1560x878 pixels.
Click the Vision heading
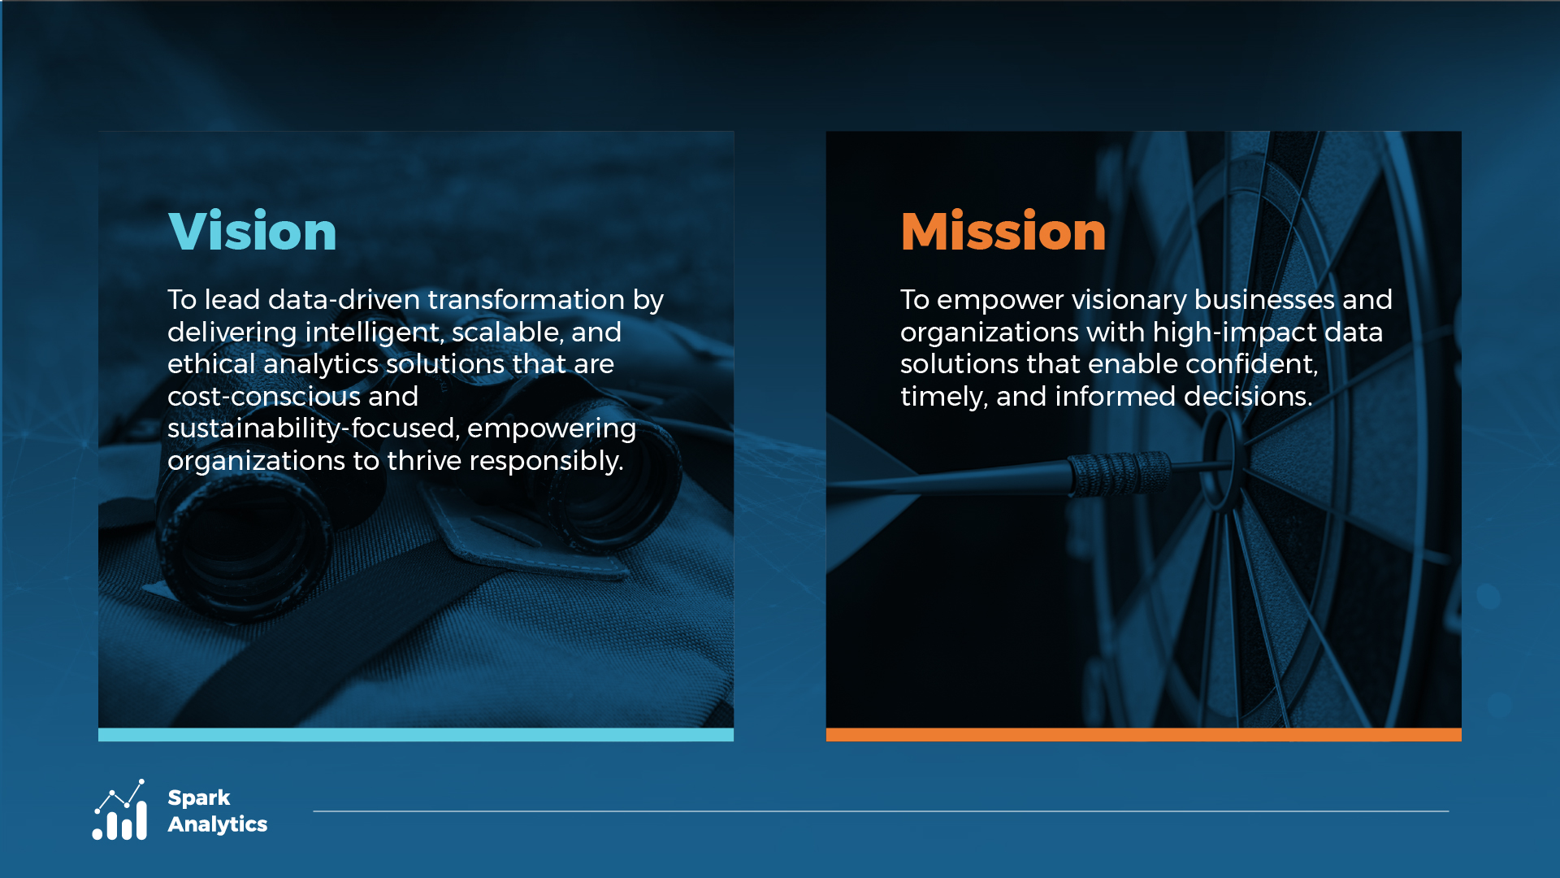click(253, 232)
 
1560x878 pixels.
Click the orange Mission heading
click(1003, 232)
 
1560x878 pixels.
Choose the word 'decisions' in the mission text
click(1248, 397)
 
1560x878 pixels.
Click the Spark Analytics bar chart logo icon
click(119, 810)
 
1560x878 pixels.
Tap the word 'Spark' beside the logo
click(199, 798)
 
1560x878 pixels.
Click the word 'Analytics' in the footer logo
click(218, 824)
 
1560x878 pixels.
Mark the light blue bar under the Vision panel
click(416, 735)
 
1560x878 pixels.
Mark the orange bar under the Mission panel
click(1144, 735)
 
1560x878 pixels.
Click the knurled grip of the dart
click(1119, 474)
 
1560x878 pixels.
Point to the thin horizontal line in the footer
click(881, 811)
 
